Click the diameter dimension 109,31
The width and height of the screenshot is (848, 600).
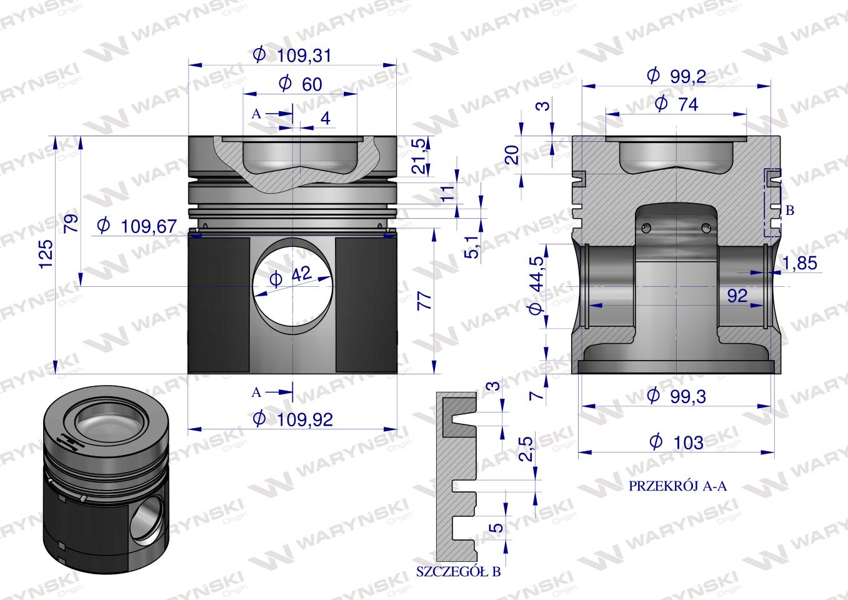(292, 56)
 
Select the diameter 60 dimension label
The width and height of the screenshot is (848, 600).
(301, 84)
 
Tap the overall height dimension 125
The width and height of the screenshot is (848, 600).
(46, 254)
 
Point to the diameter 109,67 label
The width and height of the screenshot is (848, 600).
(137, 226)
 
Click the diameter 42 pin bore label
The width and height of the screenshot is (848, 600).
(291, 276)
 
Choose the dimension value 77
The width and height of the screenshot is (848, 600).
(424, 301)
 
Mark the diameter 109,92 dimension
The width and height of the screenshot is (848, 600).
(292, 419)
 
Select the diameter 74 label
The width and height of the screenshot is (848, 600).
(677, 104)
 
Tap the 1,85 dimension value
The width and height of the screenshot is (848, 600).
(799, 262)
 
